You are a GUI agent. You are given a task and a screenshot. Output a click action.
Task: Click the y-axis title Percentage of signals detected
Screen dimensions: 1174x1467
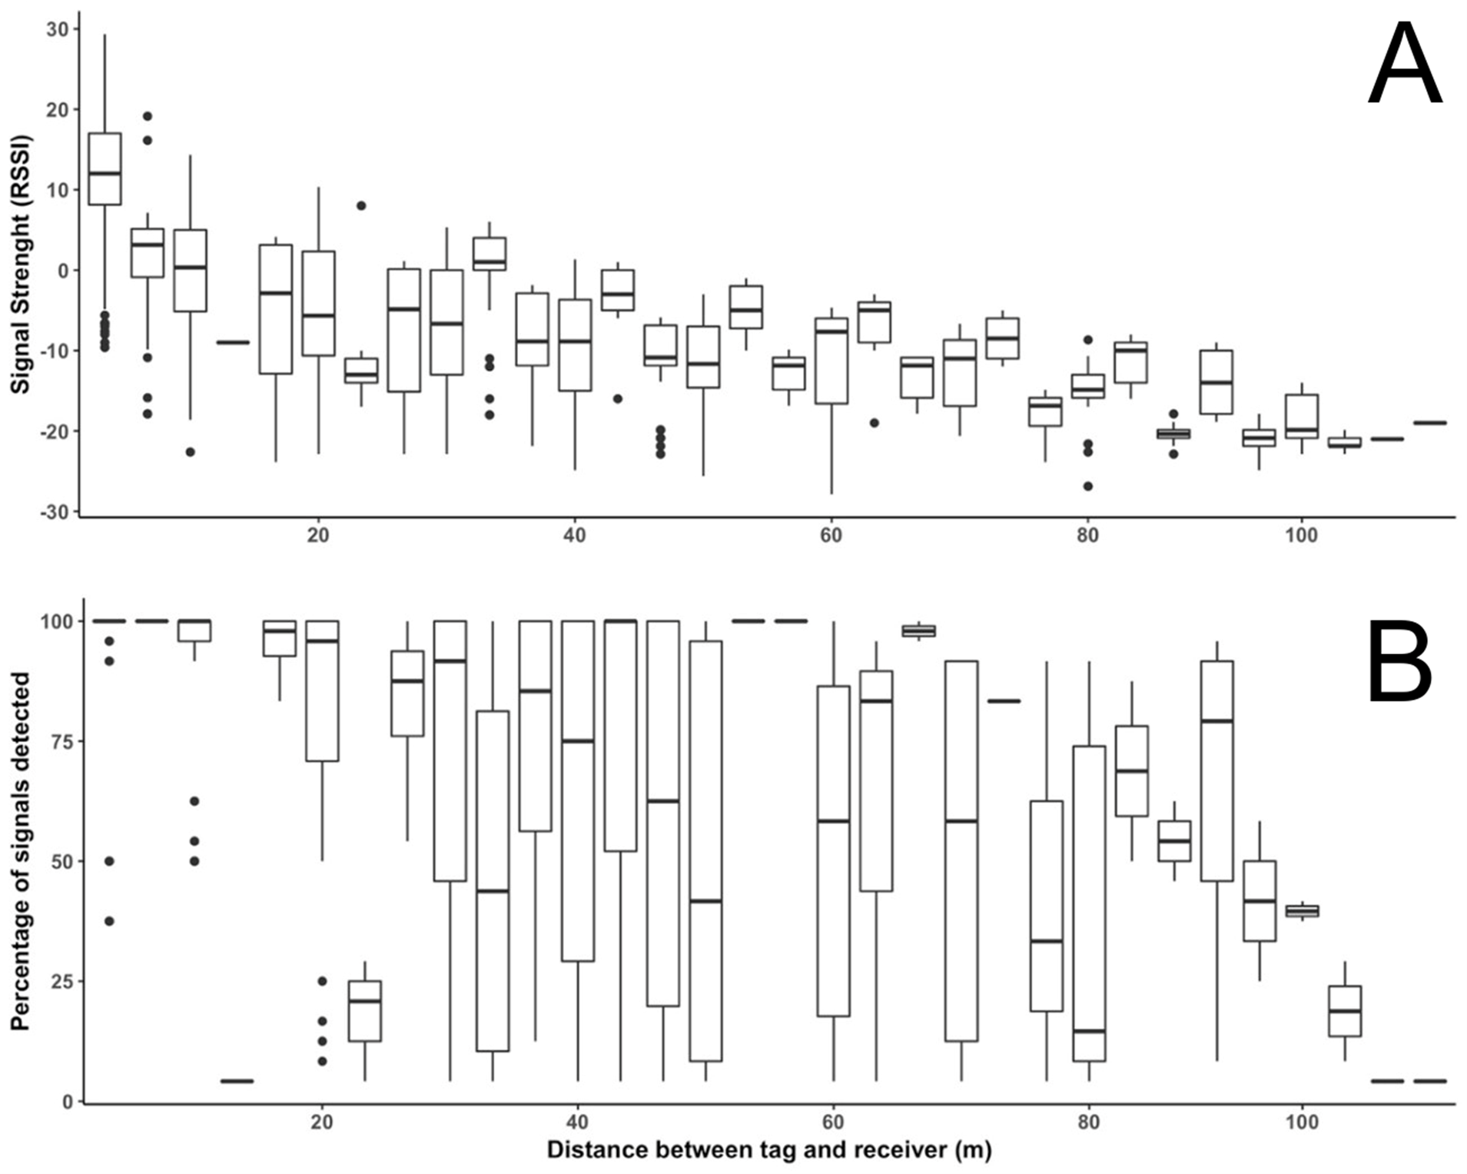(x=21, y=850)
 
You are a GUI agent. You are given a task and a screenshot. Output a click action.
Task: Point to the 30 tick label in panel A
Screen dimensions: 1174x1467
(x=55, y=29)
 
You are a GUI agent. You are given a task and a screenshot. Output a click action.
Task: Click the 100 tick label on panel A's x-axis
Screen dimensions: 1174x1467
(x=1301, y=534)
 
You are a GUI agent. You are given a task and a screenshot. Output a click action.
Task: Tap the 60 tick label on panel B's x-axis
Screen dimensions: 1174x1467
(x=833, y=1122)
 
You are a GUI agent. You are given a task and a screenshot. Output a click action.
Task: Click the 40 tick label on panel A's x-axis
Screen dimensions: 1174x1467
(x=575, y=534)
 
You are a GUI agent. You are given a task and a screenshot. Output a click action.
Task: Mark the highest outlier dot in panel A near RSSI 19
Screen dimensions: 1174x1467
(x=148, y=116)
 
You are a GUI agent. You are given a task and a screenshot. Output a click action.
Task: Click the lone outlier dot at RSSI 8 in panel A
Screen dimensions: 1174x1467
(x=360, y=205)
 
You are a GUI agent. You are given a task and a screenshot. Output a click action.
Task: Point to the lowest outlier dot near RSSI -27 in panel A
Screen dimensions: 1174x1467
(x=1088, y=486)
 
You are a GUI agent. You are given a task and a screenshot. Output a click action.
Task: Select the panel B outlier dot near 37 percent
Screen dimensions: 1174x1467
(x=109, y=921)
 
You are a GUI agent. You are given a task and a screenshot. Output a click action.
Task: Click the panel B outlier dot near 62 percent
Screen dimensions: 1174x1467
(x=194, y=801)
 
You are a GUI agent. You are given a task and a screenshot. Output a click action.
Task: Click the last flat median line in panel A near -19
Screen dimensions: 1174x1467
(x=1430, y=422)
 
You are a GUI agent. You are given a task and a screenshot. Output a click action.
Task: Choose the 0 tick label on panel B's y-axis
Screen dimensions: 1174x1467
(x=68, y=1102)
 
